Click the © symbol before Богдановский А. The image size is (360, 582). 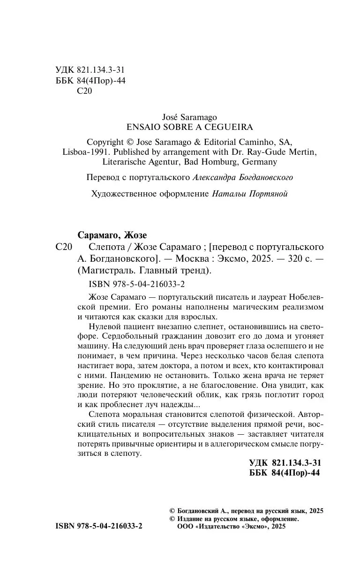click(x=172, y=511)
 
